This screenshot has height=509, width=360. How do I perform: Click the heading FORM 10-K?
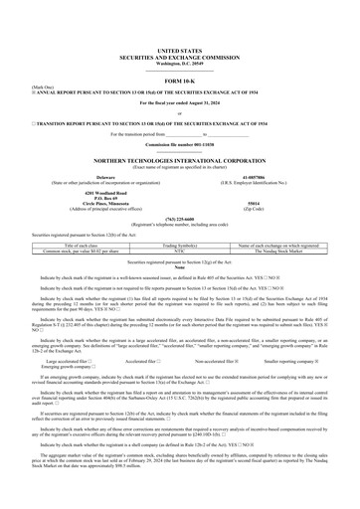pyautogui.click(x=179, y=81)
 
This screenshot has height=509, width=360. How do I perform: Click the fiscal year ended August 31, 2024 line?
pyautogui.click(x=179, y=103)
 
